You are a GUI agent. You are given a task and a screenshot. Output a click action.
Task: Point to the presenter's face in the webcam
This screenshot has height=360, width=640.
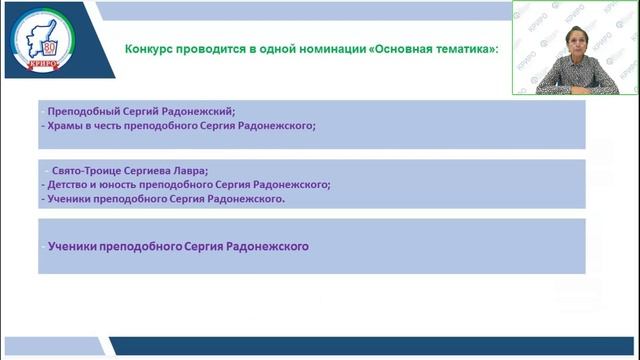pos(573,46)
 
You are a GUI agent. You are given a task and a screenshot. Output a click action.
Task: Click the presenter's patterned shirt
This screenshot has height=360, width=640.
pos(573,80)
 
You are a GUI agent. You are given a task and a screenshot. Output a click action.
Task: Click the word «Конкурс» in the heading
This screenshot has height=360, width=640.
pos(149,49)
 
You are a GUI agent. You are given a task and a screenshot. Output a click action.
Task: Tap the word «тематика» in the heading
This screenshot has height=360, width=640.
pos(460,49)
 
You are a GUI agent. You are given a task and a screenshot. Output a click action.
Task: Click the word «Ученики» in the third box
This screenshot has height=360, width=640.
pos(72,245)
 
